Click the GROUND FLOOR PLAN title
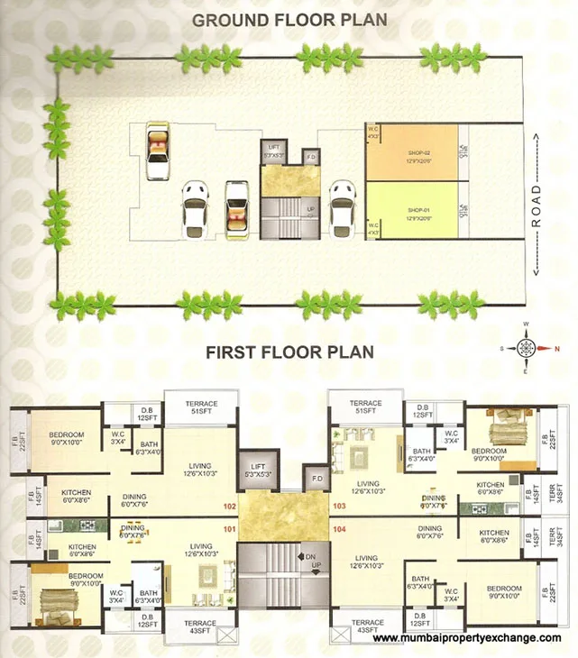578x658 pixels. point(288,19)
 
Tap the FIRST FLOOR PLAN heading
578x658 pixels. point(289,352)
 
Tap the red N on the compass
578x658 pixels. point(555,348)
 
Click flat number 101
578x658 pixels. point(228,529)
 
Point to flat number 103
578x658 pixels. point(339,507)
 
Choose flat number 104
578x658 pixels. point(339,529)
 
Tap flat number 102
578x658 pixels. point(228,507)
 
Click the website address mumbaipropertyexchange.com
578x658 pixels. point(466,638)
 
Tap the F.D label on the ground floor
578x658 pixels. point(311,158)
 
